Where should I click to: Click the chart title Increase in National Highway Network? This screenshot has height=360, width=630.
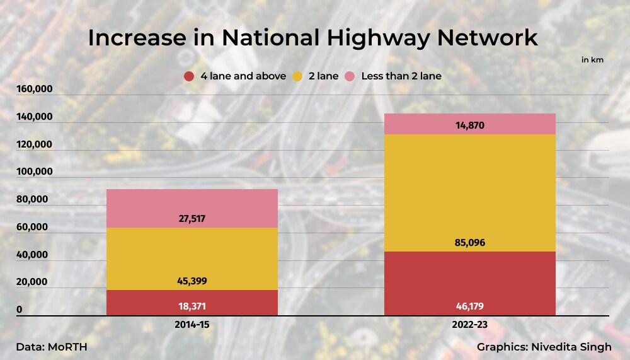click(312, 38)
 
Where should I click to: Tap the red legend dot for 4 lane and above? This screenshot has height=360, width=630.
click(188, 76)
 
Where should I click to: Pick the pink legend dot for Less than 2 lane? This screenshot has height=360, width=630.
click(350, 76)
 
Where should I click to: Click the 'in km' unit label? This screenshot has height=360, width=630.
click(592, 60)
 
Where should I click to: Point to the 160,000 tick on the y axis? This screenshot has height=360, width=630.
click(35, 90)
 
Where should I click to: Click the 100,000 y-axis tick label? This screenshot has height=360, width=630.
click(35, 172)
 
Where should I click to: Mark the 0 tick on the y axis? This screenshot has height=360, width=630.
click(20, 310)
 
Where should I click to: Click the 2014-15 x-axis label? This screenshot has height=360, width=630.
click(192, 325)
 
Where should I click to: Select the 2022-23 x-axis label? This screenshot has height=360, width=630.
click(470, 325)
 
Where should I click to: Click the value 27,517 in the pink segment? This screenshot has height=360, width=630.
click(192, 219)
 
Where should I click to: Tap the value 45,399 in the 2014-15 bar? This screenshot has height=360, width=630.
click(192, 281)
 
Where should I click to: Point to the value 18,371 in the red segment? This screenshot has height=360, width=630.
click(192, 306)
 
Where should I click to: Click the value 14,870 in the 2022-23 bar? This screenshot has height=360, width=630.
click(470, 125)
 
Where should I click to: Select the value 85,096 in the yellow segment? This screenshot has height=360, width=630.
click(470, 243)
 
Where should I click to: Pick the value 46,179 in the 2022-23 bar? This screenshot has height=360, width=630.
click(470, 306)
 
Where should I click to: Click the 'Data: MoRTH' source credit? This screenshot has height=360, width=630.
click(52, 347)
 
